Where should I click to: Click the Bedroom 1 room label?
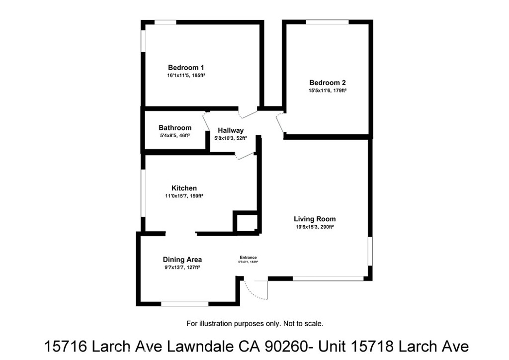[x=186, y=68]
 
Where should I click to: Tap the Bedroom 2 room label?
[x=327, y=83]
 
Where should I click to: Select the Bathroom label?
[x=175, y=128]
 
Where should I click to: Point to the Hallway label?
[x=231, y=130]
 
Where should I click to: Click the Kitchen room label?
[x=184, y=188]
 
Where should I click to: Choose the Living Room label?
[x=315, y=219]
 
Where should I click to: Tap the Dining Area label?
[x=182, y=260]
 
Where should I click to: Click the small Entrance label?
[x=249, y=257]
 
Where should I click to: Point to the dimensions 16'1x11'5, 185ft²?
[x=186, y=76]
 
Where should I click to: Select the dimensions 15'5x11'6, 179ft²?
[x=327, y=90]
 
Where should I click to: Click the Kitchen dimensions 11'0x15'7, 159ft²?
[x=184, y=196]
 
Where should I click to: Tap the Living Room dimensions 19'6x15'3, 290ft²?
[x=315, y=227]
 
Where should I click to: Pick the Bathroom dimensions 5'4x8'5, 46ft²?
[x=175, y=135]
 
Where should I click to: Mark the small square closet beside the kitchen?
[x=246, y=222]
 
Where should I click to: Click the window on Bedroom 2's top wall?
[x=327, y=22]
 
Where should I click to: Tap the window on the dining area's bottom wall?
[x=185, y=303]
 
